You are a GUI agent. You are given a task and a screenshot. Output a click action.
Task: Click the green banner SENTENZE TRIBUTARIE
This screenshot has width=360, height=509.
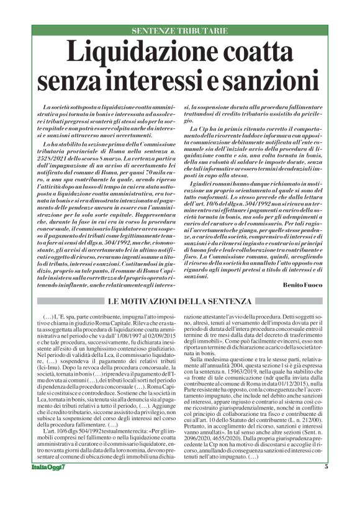tap(179, 30)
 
